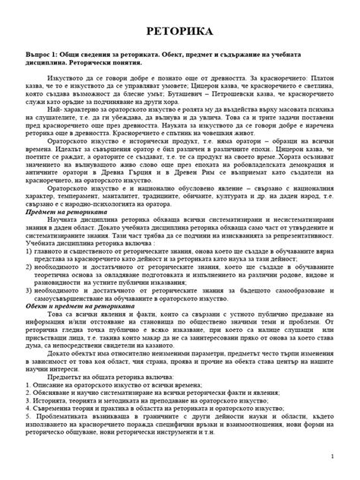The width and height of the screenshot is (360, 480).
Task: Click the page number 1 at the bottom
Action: [x=343, y=456]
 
